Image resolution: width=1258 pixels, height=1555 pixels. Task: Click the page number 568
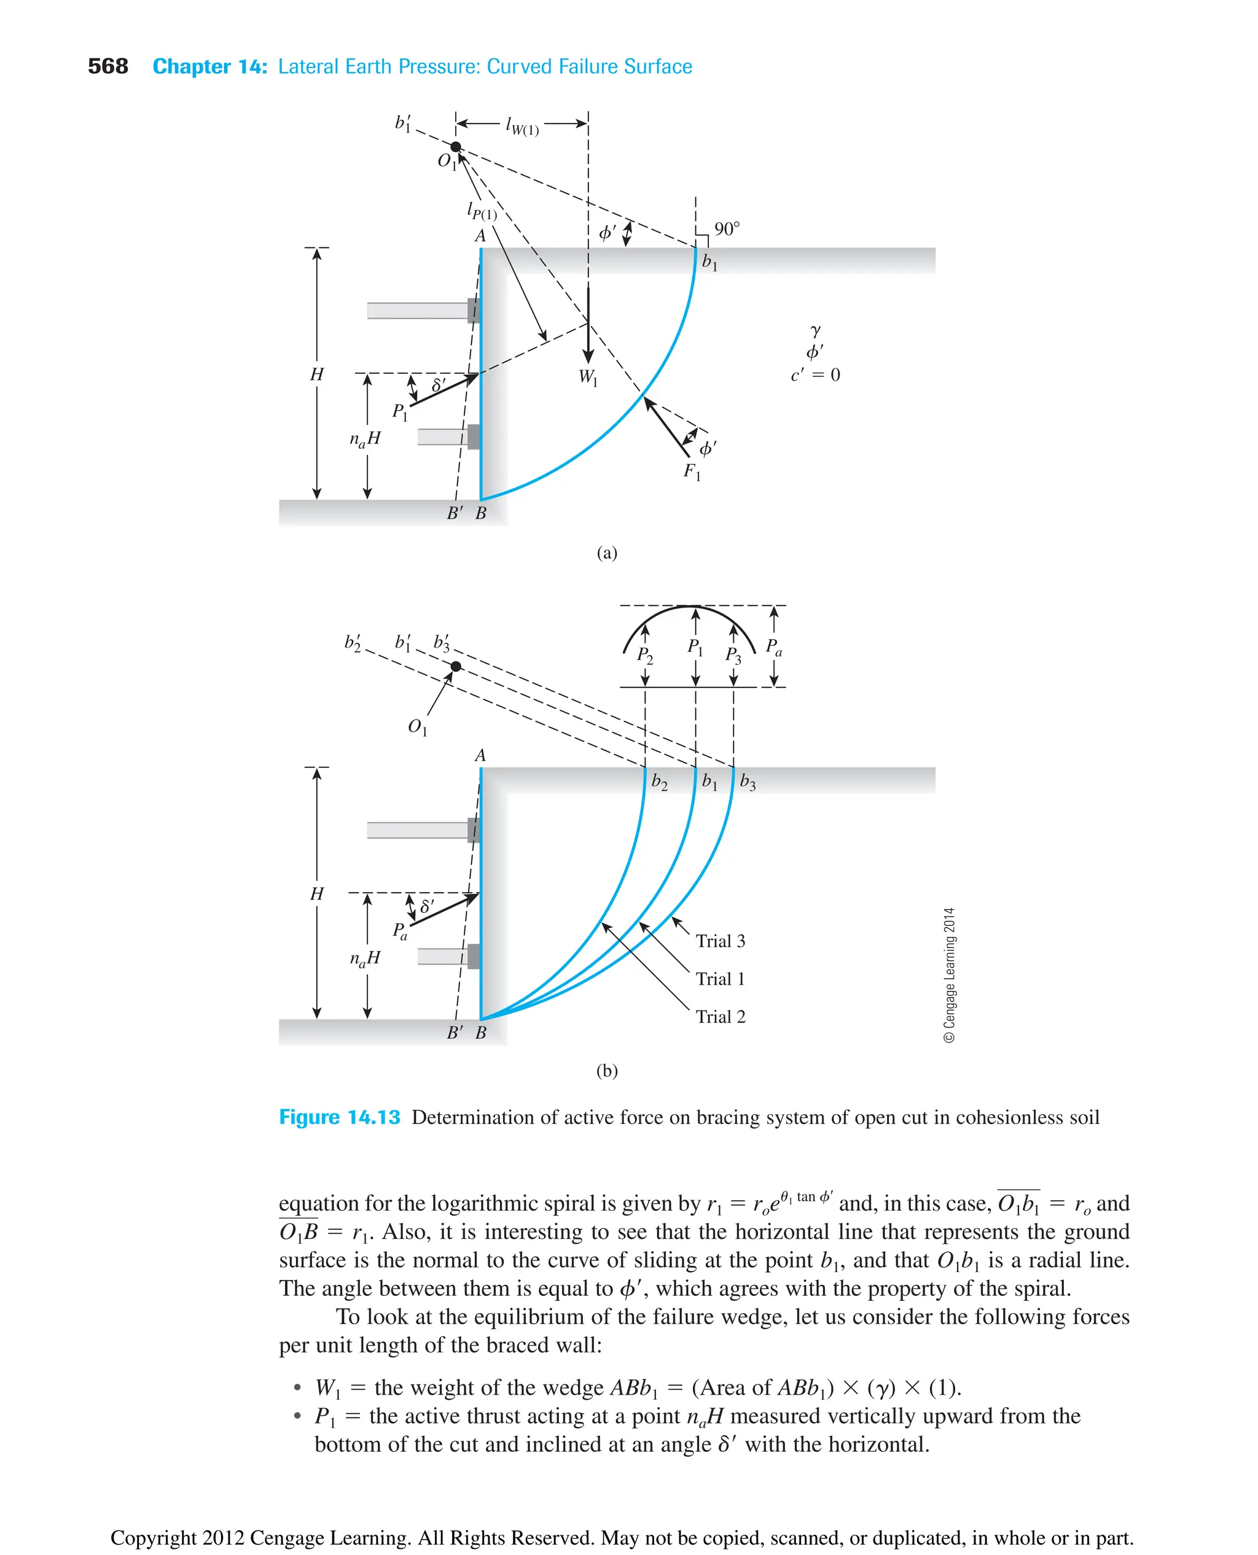pyautogui.click(x=107, y=67)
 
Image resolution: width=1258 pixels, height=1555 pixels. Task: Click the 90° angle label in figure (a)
pyautogui.click(x=727, y=229)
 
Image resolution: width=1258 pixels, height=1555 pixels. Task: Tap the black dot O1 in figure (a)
pyautogui.click(x=456, y=147)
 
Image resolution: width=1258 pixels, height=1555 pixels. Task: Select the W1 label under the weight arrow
pyautogui.click(x=588, y=378)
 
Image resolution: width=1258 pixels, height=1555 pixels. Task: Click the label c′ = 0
pyautogui.click(x=815, y=374)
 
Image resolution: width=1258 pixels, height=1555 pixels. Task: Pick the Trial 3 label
pyautogui.click(x=721, y=941)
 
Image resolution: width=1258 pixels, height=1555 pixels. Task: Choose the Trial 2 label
pyautogui.click(x=721, y=1016)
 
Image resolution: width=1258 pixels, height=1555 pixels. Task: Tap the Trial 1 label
pyautogui.click(x=721, y=979)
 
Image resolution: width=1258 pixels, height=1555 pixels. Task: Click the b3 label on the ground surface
pyautogui.click(x=748, y=782)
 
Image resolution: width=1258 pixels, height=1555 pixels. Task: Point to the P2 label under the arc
pyautogui.click(x=645, y=656)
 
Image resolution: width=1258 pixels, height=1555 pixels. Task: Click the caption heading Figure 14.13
pyautogui.click(x=339, y=1117)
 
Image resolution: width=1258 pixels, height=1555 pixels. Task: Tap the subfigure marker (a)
pyautogui.click(x=606, y=553)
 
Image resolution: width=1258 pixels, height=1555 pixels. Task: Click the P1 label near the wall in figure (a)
pyautogui.click(x=400, y=412)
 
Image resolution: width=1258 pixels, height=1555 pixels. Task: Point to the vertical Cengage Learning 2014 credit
pyautogui.click(x=949, y=974)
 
